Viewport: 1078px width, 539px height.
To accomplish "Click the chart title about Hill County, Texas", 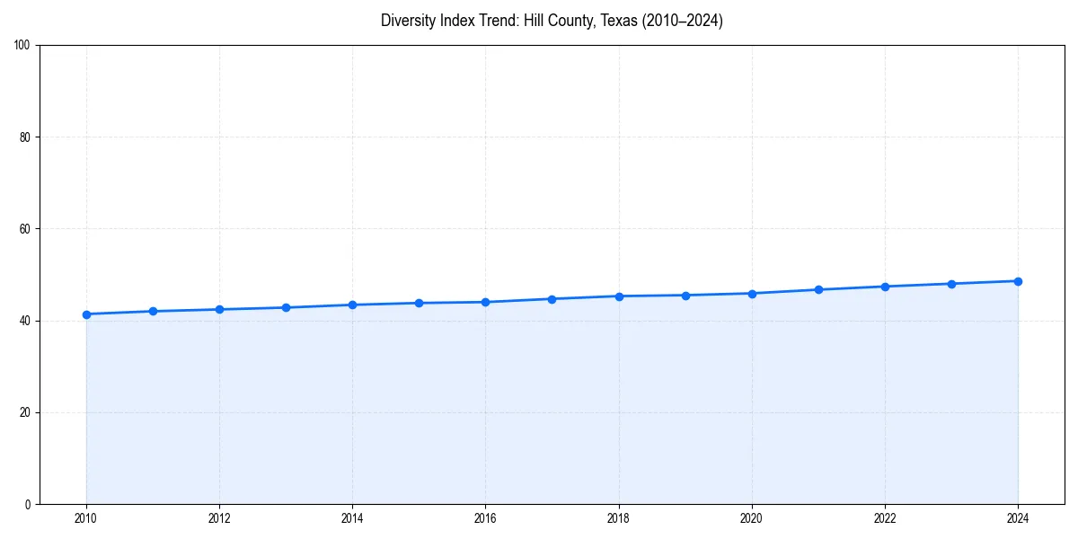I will pos(552,21).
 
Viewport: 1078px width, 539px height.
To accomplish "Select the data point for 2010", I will pos(86,314).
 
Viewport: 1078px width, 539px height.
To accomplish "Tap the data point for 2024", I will pos(1018,281).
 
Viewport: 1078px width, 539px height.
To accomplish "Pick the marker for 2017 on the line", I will pos(552,299).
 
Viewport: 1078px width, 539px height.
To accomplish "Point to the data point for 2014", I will pos(352,305).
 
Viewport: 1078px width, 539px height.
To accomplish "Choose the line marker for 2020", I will pos(752,294).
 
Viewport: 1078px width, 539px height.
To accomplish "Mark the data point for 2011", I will pos(153,311).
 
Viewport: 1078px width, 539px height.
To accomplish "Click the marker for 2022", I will pos(885,287).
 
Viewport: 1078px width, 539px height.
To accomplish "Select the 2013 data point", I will pos(286,307).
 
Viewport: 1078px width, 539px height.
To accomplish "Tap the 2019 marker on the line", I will pos(685,296).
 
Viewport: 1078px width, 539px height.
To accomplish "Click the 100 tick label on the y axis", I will pos(22,45).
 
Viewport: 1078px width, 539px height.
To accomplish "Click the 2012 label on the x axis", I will pos(219,518).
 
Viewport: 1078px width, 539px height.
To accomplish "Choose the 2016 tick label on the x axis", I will pos(485,518).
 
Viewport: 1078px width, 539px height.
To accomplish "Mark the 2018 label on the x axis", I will pos(619,518).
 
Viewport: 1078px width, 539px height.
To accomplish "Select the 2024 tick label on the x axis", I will pos(1018,518).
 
